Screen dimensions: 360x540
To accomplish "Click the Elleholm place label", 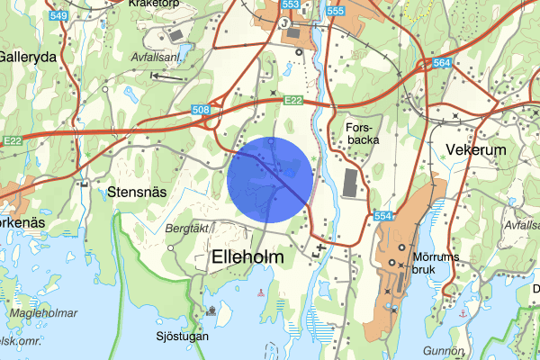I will [247, 257].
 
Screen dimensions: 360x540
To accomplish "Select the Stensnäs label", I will [137, 191].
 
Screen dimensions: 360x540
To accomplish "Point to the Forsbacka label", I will [363, 134].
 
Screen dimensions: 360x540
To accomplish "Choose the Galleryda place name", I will [27, 55].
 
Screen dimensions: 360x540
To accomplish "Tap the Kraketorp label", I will [156, 4].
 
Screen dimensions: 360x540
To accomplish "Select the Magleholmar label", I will [43, 312].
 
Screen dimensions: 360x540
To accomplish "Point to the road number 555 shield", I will [335, 11].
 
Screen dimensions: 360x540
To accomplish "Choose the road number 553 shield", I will [290, 4].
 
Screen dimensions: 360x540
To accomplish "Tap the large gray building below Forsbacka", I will [350, 183].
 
